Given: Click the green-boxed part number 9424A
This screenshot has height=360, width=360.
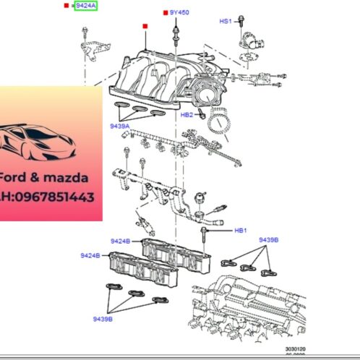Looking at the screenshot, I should [85, 6].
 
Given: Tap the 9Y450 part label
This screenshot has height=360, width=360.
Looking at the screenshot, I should [179, 12].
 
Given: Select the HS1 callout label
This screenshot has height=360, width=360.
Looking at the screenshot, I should [226, 22].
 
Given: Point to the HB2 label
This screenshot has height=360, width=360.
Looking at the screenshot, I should [187, 115].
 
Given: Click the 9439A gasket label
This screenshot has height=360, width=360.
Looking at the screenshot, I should [119, 126].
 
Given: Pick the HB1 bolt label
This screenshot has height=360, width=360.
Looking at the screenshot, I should [240, 231].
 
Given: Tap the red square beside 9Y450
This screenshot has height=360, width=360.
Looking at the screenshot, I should [166, 13].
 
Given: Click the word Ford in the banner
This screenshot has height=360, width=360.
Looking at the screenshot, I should [14, 177].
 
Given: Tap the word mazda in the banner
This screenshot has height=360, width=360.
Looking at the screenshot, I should [69, 177].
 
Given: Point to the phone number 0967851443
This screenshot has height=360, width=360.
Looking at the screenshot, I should [57, 196].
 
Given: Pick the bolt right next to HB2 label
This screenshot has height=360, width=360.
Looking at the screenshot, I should [202, 113].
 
